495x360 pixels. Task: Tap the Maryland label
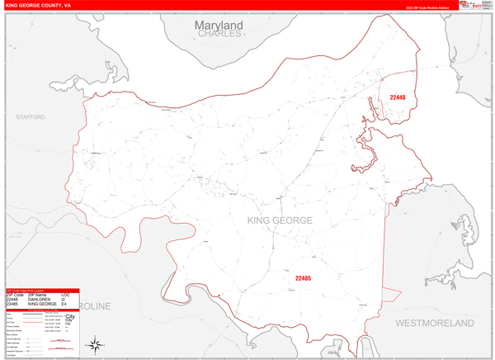[219, 26]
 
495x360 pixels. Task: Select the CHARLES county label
[219, 35]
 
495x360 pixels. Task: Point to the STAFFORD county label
[31, 118]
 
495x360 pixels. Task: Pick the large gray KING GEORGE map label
[280, 220]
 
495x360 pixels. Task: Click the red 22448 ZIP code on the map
[398, 97]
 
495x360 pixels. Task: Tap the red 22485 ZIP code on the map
[303, 278]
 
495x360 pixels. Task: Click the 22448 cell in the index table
[13, 300]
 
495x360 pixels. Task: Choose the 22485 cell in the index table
[13, 304]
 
